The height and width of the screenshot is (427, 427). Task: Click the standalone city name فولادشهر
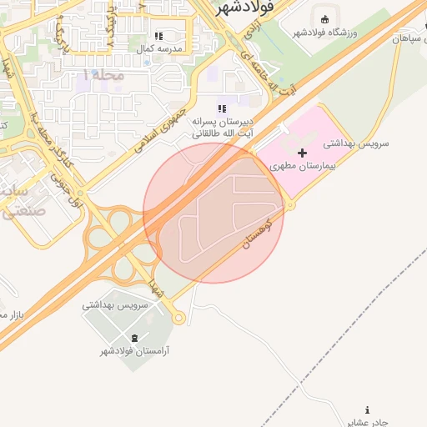245,8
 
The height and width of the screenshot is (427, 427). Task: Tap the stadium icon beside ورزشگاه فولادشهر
324,19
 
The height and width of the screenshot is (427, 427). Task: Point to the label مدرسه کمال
158,48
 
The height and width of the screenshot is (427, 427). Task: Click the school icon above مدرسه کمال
158,36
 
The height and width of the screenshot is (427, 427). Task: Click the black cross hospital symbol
302,153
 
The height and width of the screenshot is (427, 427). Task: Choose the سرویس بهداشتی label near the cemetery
115,305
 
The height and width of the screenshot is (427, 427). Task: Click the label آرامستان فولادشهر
135,351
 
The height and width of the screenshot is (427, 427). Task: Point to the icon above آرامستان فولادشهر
135,337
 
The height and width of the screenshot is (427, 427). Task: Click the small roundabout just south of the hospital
289,204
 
